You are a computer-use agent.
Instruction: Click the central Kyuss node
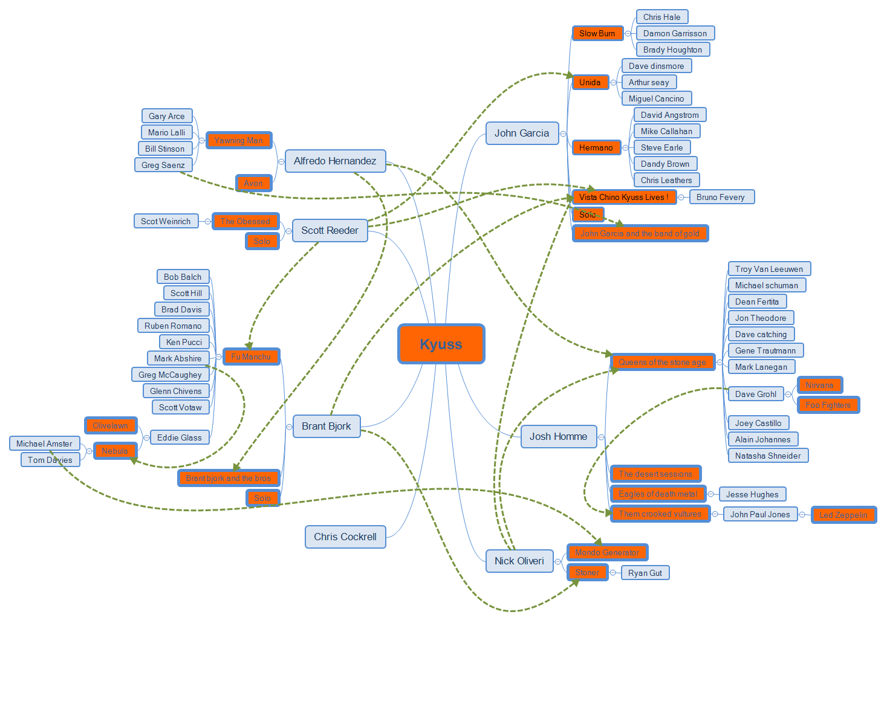tap(441, 344)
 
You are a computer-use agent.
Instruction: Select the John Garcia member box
tap(521, 134)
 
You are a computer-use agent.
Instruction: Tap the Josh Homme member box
tap(558, 436)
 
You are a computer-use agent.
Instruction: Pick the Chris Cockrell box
tap(345, 537)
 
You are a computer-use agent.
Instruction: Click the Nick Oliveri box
tap(519, 561)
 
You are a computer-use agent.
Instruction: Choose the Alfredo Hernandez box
tap(334, 161)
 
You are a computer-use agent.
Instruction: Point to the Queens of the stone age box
tap(662, 362)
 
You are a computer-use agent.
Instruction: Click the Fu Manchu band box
tap(251, 357)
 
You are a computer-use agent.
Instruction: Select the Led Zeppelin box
tap(843, 515)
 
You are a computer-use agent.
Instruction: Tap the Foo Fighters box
tap(828, 405)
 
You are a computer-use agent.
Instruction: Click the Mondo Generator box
tap(606, 552)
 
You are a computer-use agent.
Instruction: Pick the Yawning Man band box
tap(238, 140)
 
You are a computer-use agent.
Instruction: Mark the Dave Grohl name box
tap(755, 394)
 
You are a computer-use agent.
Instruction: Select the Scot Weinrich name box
tap(166, 221)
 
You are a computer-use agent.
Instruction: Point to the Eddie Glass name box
tap(179, 437)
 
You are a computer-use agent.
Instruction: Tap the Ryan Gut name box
tap(645, 573)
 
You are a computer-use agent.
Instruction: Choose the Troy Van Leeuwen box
tap(768, 269)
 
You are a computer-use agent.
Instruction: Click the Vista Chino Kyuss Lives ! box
tap(623, 197)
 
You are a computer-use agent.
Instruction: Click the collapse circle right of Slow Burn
tap(628, 34)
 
